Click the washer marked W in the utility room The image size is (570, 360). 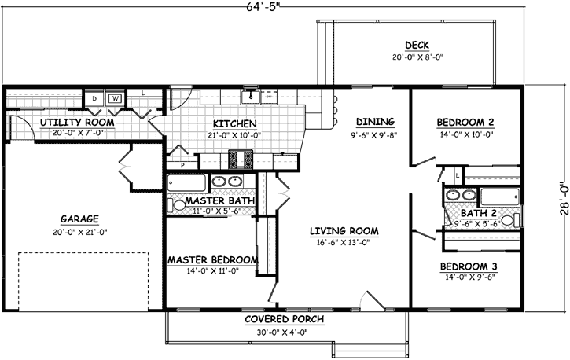pyautogui.click(x=115, y=98)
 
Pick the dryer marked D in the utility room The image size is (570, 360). pyautogui.click(x=94, y=98)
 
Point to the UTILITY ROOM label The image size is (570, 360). pyautogui.click(x=77, y=123)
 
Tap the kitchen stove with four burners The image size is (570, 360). pyautogui.click(x=241, y=160)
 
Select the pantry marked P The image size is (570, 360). pyautogui.click(x=182, y=165)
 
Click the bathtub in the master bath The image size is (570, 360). pyautogui.click(x=186, y=184)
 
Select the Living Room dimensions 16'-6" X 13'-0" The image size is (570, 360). pyautogui.click(x=344, y=243)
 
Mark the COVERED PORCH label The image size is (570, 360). pyautogui.click(x=281, y=320)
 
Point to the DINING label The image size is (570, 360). pyautogui.click(x=374, y=122)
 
